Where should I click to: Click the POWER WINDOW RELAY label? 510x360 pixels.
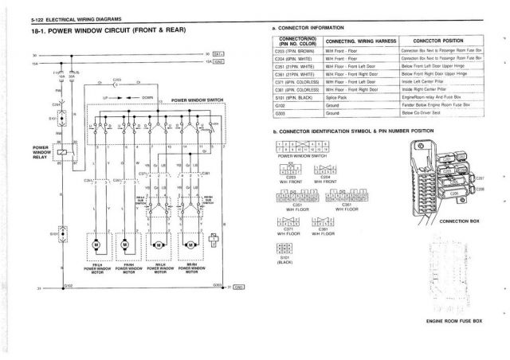pos(41,152)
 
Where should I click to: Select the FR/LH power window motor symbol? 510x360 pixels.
pos(98,243)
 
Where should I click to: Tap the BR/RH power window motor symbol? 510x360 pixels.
pos(191,243)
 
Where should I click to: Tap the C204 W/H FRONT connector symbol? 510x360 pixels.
pos(325,169)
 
